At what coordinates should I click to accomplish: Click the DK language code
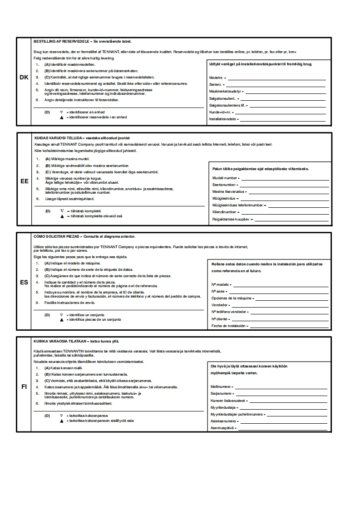click(24, 78)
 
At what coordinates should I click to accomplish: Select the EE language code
click(24, 181)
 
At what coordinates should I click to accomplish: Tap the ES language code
click(24, 282)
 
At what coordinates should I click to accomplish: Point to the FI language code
click(24, 387)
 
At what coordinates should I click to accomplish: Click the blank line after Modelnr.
click(276, 78)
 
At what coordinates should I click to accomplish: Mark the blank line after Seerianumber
click(284, 185)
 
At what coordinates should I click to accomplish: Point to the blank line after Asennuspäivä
click(282, 428)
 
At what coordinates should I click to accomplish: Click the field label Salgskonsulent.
click(222, 98)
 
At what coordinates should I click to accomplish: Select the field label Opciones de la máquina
click(232, 299)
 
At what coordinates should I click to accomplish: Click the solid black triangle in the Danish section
click(61, 117)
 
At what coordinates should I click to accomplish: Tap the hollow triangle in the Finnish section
click(61, 415)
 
